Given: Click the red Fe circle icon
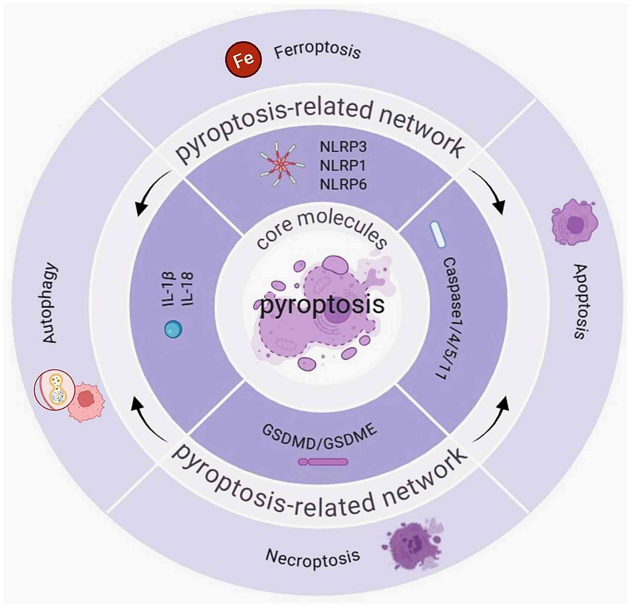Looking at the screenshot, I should [243, 59].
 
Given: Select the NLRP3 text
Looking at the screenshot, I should [343, 147].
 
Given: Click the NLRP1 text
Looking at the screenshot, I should [343, 166].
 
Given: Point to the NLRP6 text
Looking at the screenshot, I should [343, 184].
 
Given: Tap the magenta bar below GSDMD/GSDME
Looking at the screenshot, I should [323, 462].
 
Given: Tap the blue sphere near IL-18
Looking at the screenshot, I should [173, 329].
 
